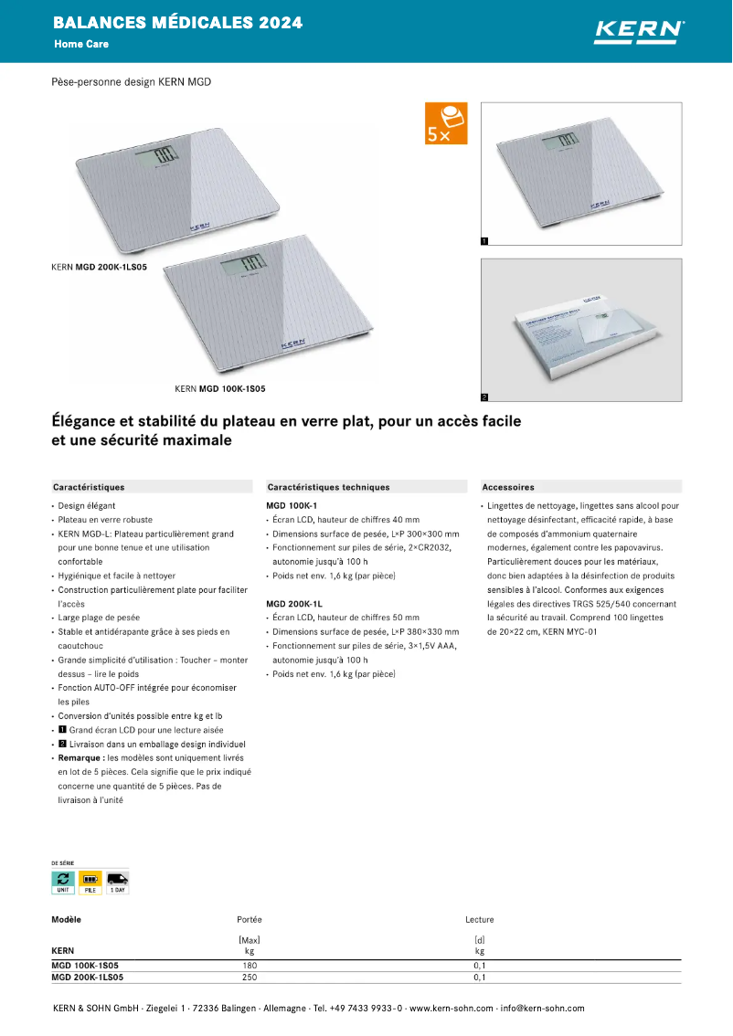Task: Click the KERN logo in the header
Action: [639, 30]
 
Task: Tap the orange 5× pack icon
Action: [446, 123]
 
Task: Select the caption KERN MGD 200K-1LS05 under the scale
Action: [99, 268]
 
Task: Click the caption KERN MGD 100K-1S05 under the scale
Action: [219, 388]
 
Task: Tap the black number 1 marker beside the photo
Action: [484, 241]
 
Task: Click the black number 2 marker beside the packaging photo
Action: [484, 397]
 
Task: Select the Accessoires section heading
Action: [508, 487]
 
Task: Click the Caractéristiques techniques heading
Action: [327, 487]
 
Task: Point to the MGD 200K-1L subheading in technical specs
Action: [293, 604]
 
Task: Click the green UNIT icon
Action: [63, 882]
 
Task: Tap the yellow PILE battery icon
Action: [90, 882]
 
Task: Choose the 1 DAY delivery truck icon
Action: [117, 882]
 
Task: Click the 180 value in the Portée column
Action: [250, 966]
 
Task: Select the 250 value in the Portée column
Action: [250, 978]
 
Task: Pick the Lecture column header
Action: [479, 920]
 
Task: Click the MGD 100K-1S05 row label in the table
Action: [84, 966]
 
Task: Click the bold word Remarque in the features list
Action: [80, 758]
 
